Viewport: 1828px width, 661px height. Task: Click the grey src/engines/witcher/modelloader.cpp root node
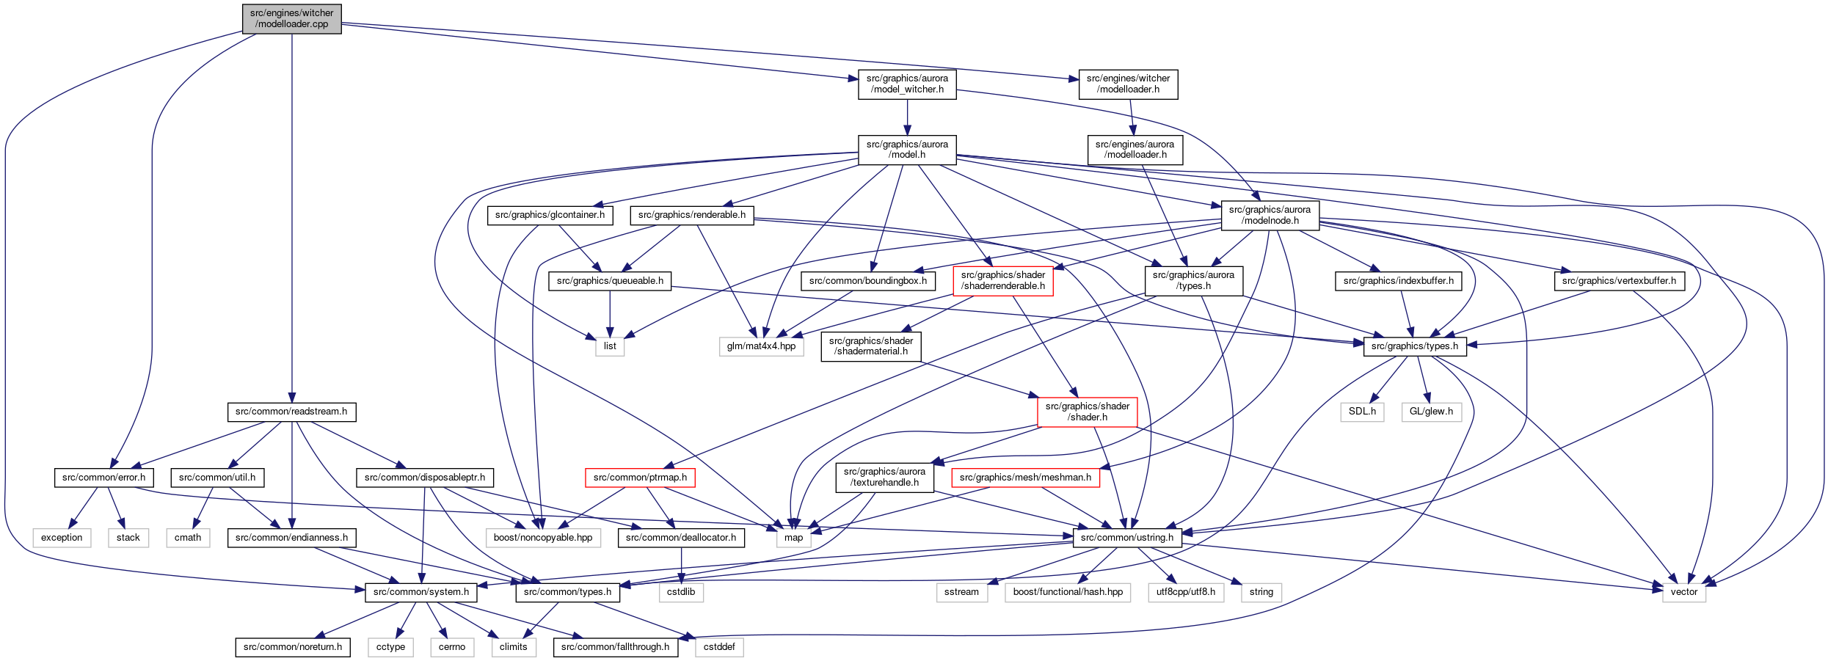(x=292, y=18)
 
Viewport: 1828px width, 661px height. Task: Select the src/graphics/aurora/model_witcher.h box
(x=907, y=84)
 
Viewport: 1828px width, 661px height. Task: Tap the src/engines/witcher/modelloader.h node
(x=1128, y=84)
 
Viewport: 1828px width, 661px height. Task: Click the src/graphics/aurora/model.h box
(x=907, y=150)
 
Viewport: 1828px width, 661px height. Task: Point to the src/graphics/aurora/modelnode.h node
(x=1270, y=215)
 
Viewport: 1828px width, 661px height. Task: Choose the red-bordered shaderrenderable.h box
(x=1003, y=281)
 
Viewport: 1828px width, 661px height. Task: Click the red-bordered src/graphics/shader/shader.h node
(x=1088, y=412)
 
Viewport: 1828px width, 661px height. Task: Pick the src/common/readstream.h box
(x=291, y=412)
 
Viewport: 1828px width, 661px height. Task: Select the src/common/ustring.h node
(x=1127, y=538)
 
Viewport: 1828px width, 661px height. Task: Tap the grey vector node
(x=1684, y=592)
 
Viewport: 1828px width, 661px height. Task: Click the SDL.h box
(x=1362, y=412)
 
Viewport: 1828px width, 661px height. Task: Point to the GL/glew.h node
(x=1431, y=412)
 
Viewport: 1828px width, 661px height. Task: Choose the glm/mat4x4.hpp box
(x=761, y=346)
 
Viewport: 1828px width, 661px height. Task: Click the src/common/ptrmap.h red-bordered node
(x=640, y=478)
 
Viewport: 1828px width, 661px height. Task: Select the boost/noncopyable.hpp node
(x=543, y=538)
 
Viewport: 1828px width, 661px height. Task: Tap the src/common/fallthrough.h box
(x=615, y=647)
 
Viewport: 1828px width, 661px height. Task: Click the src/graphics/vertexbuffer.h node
(x=1619, y=281)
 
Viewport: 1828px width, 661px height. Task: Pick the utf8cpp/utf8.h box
(x=1186, y=592)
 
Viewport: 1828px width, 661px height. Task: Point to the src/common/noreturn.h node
(x=293, y=647)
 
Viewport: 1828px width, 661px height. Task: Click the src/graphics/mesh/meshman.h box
(x=1025, y=478)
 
